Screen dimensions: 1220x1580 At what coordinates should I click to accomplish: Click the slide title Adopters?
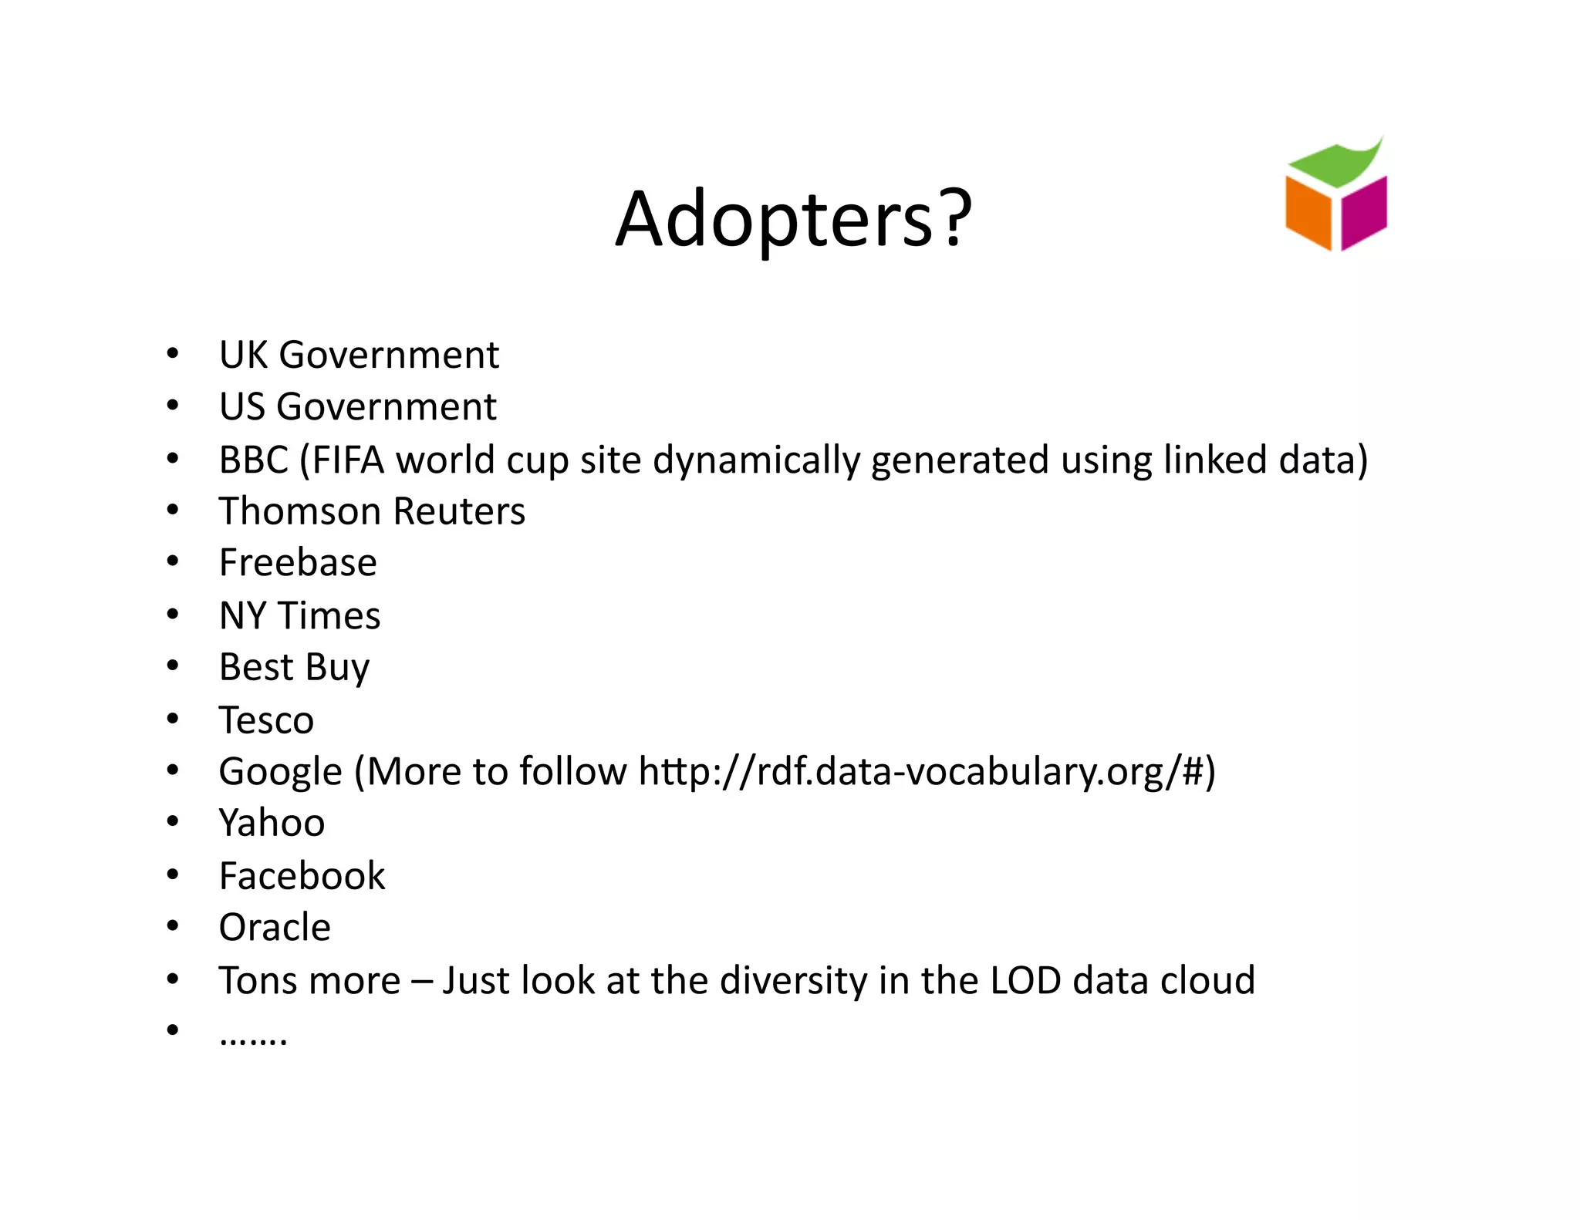tap(793, 220)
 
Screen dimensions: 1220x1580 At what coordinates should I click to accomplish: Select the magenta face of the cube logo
tap(1363, 212)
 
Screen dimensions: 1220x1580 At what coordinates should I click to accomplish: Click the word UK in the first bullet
tap(243, 356)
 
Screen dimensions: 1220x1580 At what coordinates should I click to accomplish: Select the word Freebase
tap(298, 563)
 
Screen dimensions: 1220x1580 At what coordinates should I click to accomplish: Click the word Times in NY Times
tap(329, 616)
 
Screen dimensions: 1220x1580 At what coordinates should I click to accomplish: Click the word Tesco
tap(266, 720)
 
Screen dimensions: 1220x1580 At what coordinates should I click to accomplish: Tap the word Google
tap(280, 772)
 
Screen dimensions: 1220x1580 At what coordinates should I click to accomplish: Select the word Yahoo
tap(272, 823)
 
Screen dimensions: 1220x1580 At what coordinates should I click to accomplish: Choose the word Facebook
tap(302, 876)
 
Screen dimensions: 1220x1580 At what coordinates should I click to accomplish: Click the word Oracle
tap(275, 928)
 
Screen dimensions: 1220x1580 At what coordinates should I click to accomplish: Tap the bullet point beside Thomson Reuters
tap(173, 510)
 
